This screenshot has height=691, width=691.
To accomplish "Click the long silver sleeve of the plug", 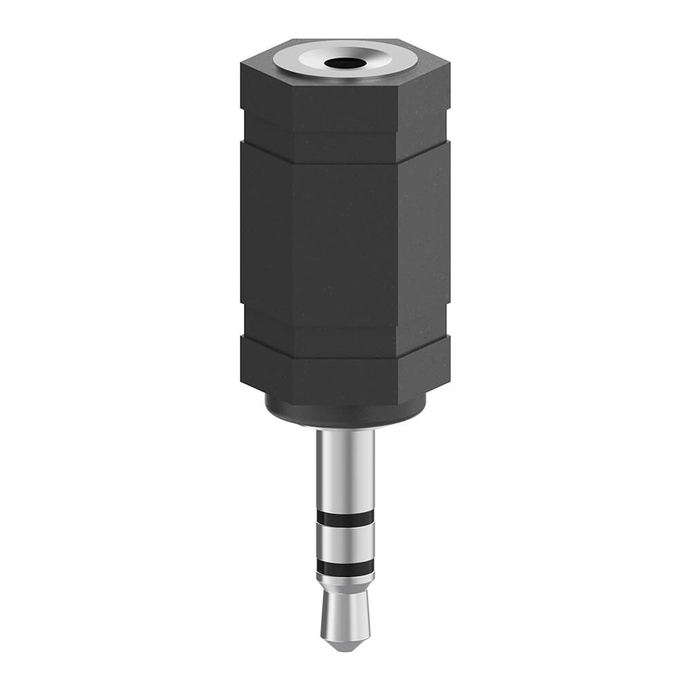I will click(x=345, y=470).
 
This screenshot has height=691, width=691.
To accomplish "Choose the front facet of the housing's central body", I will click(x=345, y=235).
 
